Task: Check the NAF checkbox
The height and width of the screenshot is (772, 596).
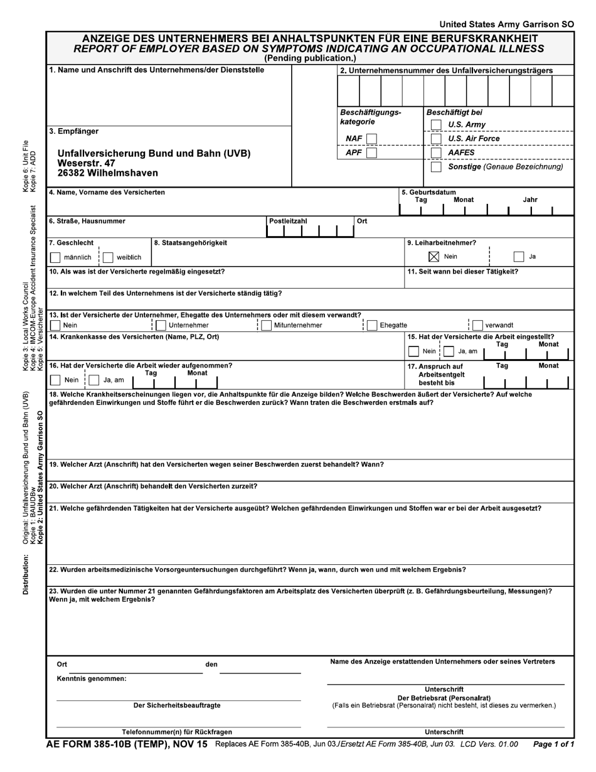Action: pos(371,139)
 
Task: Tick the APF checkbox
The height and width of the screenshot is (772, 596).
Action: pos(371,153)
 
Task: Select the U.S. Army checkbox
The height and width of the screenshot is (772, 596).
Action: pos(436,125)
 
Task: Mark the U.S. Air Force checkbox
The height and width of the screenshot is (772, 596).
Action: pos(436,139)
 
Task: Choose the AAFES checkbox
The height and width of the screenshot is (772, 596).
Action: pos(436,153)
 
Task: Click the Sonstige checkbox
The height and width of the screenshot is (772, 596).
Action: pos(436,167)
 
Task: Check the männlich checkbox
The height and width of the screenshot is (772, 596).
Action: pos(55,257)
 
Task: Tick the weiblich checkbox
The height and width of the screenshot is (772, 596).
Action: pos(108,257)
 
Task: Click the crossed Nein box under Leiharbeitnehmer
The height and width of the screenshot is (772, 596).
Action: pos(434,257)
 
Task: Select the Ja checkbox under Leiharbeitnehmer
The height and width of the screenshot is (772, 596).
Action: pos(518,257)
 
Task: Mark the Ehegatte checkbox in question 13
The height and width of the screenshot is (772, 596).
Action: pos(372,325)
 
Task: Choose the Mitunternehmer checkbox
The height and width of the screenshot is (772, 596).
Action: pos(266,325)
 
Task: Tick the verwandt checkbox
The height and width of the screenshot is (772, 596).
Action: pos(477,325)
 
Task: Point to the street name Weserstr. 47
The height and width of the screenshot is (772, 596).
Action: pos(87,163)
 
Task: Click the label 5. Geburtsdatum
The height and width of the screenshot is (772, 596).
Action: pos(428,193)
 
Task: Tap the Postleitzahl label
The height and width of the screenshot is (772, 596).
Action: pos(288,222)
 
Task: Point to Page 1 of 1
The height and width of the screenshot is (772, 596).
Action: pos(553,745)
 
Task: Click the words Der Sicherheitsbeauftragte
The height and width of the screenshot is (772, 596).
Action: pos(177,705)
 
